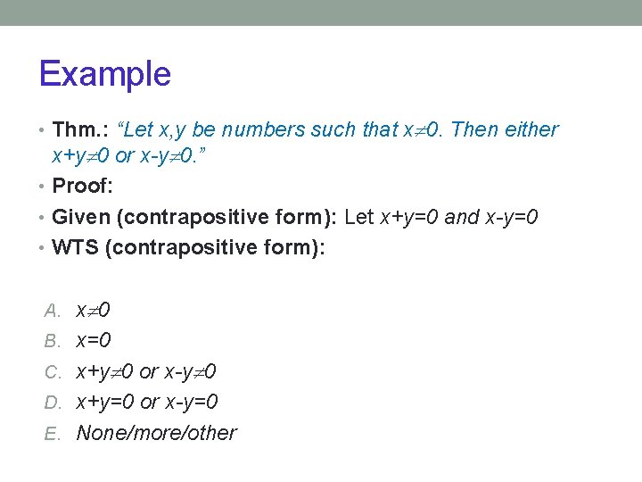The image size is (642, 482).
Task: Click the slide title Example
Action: pyautogui.click(x=104, y=73)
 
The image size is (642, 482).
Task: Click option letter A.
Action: pyautogui.click(x=53, y=311)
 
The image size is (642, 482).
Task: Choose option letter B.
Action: pyautogui.click(x=53, y=341)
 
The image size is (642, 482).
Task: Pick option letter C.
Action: pyautogui.click(x=53, y=371)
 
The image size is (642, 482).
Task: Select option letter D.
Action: pyautogui.click(x=53, y=402)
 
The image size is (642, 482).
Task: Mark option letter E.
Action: pyautogui.click(x=53, y=433)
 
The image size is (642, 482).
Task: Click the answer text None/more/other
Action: pyautogui.click(x=156, y=433)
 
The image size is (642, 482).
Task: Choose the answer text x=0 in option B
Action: pyautogui.click(x=94, y=341)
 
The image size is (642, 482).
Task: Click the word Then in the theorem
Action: pyautogui.click(x=473, y=130)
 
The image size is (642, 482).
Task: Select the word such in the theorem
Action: pyautogui.click(x=333, y=130)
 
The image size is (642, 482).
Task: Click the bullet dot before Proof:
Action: pyautogui.click(x=44, y=187)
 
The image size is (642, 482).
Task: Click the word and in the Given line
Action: pyautogui.click(x=462, y=218)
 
